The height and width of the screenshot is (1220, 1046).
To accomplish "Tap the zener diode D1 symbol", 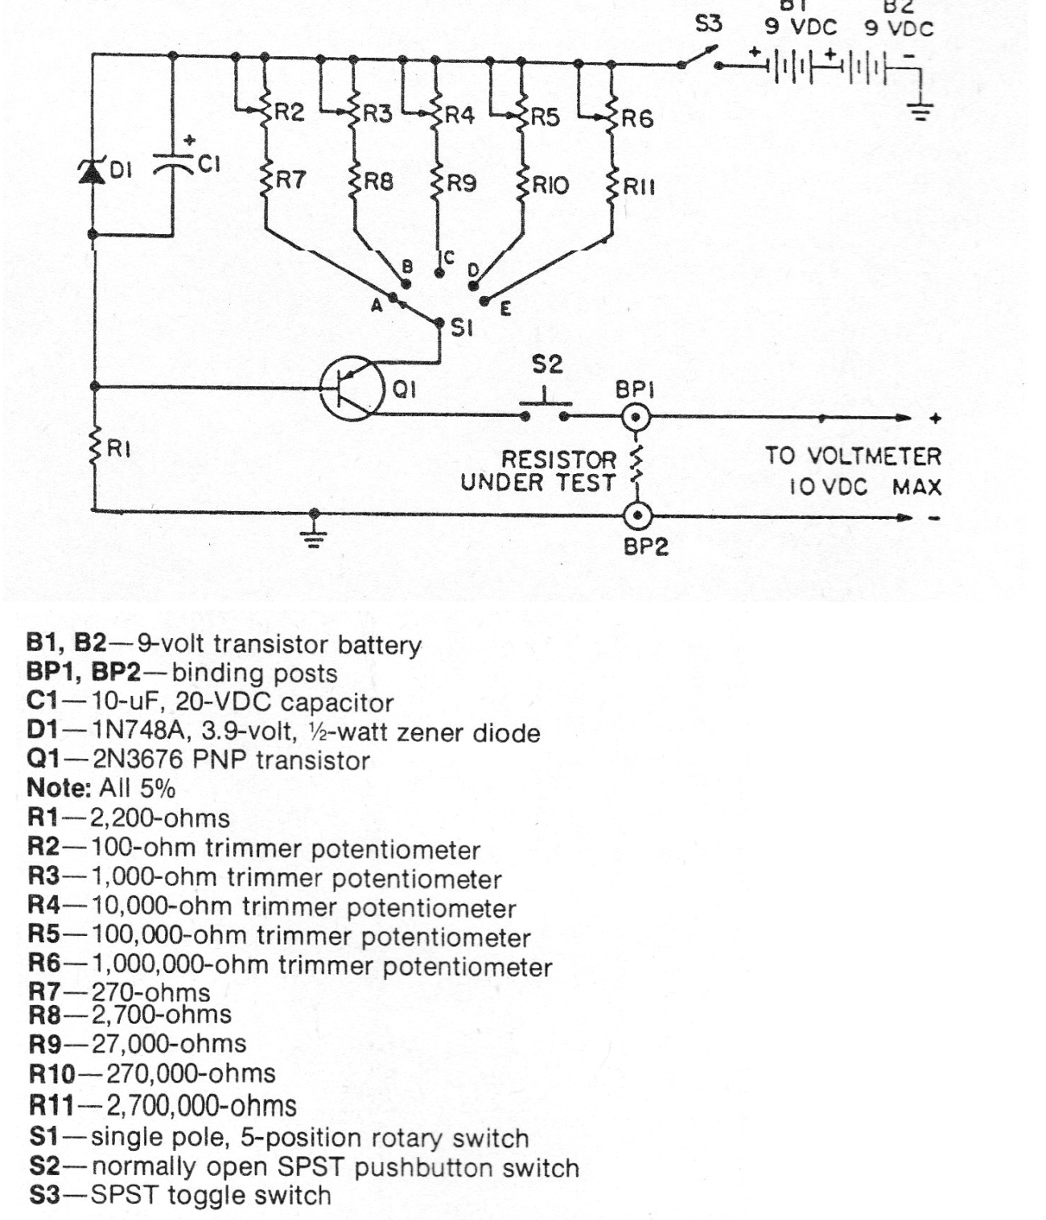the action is [92, 171].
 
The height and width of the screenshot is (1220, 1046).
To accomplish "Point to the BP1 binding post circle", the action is [636, 418].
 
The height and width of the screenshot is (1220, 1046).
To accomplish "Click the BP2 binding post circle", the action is [637, 517].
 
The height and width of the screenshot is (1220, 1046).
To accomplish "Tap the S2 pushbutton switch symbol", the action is [544, 407].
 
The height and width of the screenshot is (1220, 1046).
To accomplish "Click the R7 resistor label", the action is [290, 179].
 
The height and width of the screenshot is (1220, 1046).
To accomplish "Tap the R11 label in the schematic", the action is [640, 187].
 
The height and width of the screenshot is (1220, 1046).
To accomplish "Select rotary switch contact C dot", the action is [439, 274].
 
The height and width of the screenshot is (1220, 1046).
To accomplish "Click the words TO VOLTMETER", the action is [853, 456].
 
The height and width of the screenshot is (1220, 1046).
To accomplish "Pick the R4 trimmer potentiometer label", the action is [459, 114].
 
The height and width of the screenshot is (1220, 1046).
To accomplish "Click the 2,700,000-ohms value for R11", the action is [201, 1106].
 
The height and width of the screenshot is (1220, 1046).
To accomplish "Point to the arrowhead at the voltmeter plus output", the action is [904, 418].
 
